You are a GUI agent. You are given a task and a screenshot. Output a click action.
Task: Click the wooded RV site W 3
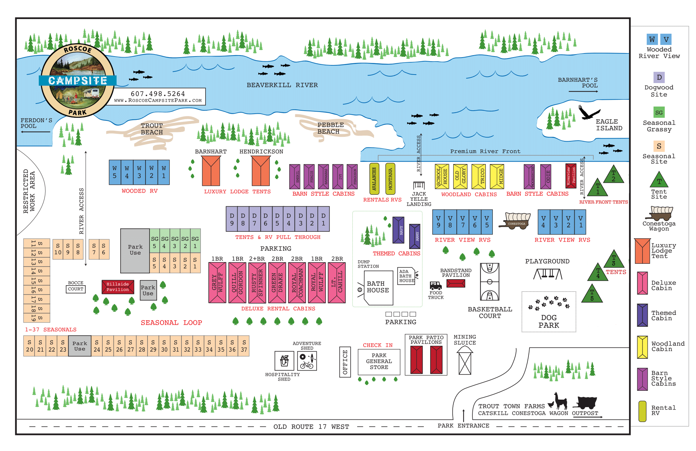(139, 172)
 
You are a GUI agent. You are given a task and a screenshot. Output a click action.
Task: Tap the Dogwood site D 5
(277, 219)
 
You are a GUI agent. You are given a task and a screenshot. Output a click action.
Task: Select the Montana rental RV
(390, 179)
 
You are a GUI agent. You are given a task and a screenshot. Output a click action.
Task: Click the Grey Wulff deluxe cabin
(217, 283)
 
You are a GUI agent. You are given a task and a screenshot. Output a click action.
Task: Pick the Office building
(345, 362)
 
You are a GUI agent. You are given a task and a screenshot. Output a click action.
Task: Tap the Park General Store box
(379, 361)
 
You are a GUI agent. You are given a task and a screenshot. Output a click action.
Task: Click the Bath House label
(378, 287)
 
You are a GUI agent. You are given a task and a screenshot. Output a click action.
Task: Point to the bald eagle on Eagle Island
(589, 112)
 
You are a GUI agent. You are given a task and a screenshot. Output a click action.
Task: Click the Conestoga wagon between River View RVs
(516, 221)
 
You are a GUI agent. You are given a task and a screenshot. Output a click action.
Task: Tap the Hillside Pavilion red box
(118, 287)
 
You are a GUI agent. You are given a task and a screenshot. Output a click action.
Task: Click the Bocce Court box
(75, 289)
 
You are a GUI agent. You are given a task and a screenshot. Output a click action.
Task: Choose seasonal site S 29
(153, 346)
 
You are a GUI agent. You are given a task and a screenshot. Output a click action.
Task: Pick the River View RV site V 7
(463, 222)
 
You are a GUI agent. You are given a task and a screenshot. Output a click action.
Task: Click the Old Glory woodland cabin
(460, 176)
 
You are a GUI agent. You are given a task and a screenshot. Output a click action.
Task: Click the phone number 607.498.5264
(158, 94)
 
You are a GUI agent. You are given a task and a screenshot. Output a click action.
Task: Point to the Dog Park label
(549, 321)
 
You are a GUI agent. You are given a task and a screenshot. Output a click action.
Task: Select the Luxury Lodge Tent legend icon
(642, 251)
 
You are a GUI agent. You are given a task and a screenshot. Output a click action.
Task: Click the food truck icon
(435, 285)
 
